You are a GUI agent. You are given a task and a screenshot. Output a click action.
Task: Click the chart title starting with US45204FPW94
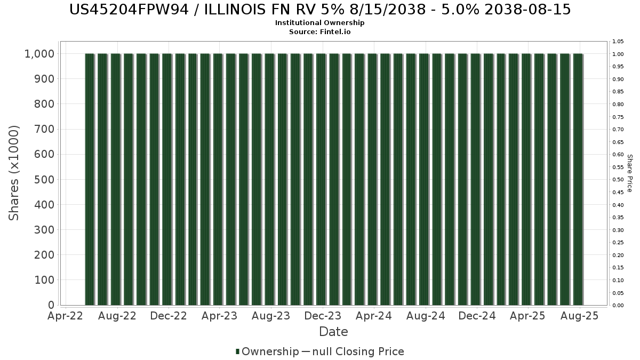coord(320,10)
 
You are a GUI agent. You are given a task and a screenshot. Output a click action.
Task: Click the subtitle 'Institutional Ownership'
coord(319,23)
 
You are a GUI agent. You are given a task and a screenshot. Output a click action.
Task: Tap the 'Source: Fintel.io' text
coord(319,31)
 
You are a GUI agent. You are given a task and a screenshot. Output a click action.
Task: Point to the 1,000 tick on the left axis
coord(39,54)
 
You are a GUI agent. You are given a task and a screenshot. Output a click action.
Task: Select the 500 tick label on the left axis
coord(44,180)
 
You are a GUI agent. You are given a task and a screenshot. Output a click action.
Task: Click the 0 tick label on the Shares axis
coord(51,305)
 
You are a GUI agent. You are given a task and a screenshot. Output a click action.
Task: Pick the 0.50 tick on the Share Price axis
coord(618,180)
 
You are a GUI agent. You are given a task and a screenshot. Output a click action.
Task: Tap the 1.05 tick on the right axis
coord(618,42)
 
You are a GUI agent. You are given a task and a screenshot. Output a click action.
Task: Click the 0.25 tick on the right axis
coord(618,243)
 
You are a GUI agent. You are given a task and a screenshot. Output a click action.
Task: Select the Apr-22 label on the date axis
coord(66,316)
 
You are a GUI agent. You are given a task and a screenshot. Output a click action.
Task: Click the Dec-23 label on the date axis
coord(323,316)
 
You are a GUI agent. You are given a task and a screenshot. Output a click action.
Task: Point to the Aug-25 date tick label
coord(579,316)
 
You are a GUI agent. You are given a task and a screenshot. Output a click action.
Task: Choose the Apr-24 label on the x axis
coord(374,316)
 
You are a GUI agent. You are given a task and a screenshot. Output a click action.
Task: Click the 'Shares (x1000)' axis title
coord(14,173)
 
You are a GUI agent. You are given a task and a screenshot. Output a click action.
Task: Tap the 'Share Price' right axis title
coord(629,173)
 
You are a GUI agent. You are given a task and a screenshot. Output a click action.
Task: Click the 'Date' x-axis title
coord(333,332)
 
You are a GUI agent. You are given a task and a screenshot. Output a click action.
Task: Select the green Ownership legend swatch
coord(237,351)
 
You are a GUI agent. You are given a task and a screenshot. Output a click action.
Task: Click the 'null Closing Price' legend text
coord(358,351)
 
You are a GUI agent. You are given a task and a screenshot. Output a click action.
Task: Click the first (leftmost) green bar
coord(90,179)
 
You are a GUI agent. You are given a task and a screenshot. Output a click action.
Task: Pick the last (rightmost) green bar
coord(578,179)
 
